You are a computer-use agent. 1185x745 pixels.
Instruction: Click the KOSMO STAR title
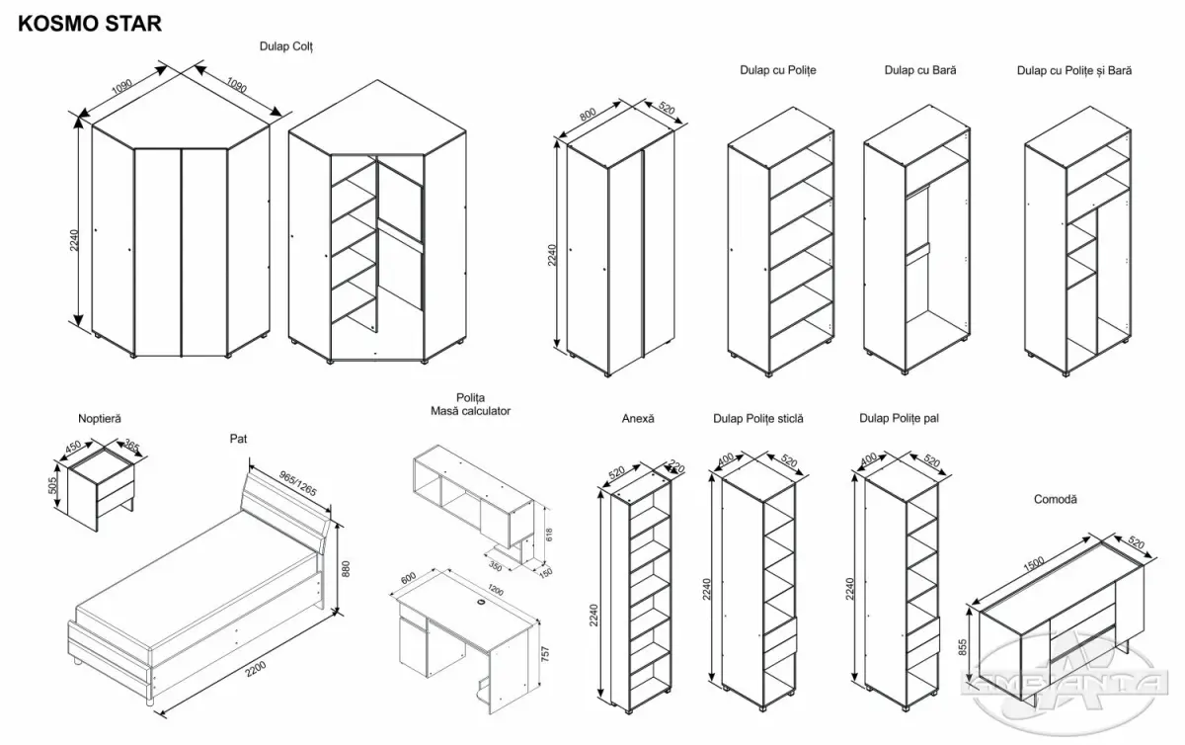click(90, 23)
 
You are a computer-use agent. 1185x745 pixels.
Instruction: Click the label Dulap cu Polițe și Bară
click(1074, 70)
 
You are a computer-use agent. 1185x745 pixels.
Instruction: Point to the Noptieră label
click(100, 419)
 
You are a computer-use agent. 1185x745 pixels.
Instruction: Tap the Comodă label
click(1057, 500)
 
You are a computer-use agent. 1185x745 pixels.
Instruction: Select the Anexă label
click(638, 419)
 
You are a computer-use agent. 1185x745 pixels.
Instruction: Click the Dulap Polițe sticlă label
click(758, 419)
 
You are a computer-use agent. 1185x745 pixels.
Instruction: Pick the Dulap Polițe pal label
click(899, 419)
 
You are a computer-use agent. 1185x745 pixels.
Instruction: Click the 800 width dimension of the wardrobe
click(590, 115)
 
